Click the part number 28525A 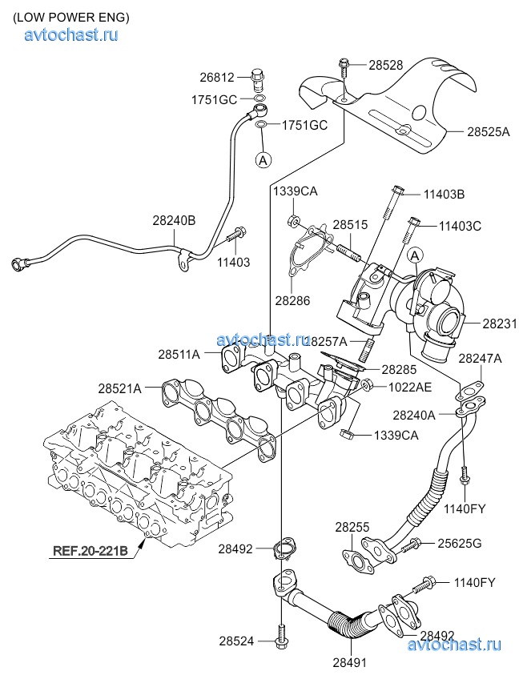pyautogui.click(x=489, y=131)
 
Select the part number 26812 pyautogui.click(x=217, y=78)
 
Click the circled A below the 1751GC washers pyautogui.click(x=262, y=159)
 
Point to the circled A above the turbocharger pyautogui.click(x=414, y=255)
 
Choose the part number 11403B pyautogui.click(x=445, y=193)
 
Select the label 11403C pyautogui.click(x=460, y=226)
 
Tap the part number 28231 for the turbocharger pyautogui.click(x=500, y=324)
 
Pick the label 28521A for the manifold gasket pyautogui.click(x=120, y=388)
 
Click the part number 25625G pyautogui.click(x=459, y=544)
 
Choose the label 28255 pyautogui.click(x=352, y=528)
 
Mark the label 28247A pyautogui.click(x=481, y=359)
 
